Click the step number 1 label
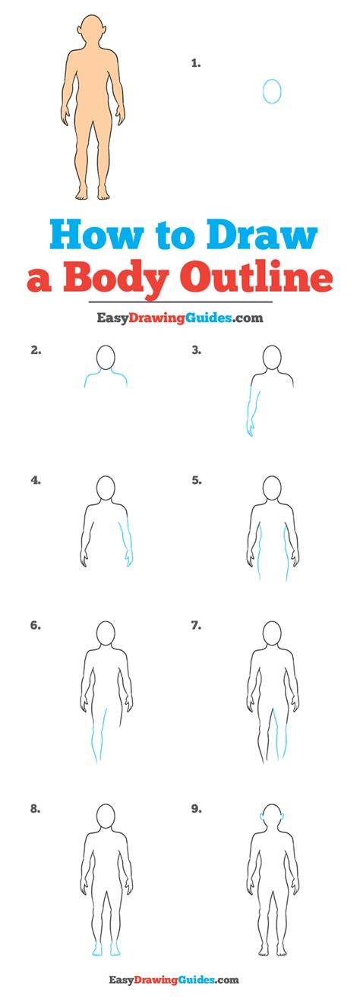(x=196, y=64)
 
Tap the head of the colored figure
(x=94, y=30)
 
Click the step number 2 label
(x=36, y=351)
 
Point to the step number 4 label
(x=36, y=481)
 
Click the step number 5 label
(x=197, y=481)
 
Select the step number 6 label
(x=35, y=626)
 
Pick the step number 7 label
(x=196, y=626)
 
